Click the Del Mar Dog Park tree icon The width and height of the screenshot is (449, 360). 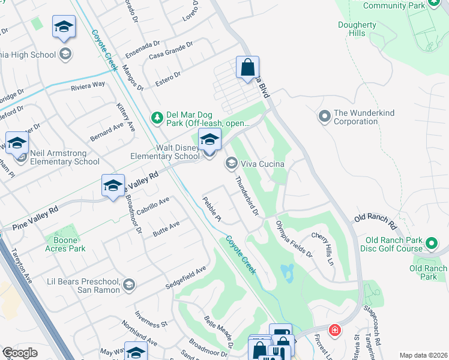pyautogui.click(x=157, y=117)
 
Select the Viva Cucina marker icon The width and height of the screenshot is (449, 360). pyautogui.click(x=231, y=163)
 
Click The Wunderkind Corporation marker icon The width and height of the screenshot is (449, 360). pyautogui.click(x=324, y=115)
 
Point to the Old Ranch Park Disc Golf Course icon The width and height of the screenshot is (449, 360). pyautogui.click(x=432, y=244)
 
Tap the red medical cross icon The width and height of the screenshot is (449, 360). pyautogui.click(x=334, y=330)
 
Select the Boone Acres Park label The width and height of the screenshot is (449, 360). pyautogui.click(x=65, y=244)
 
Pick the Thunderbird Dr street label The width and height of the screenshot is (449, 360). pyautogui.click(x=246, y=196)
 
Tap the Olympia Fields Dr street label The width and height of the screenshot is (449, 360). pyautogui.click(x=294, y=239)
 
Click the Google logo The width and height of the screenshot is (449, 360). pyautogui.click(x=20, y=353)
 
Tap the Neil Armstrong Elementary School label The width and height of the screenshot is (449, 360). pyautogui.click(x=65, y=157)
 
